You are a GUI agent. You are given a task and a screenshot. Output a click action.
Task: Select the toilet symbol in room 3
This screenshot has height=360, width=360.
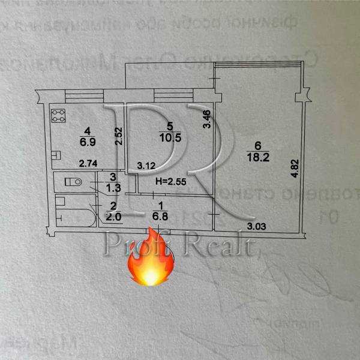point(72,182)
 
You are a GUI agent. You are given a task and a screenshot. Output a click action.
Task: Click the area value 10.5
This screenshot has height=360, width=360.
point(169,136)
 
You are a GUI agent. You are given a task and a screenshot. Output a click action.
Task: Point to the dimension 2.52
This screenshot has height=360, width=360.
point(119,137)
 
